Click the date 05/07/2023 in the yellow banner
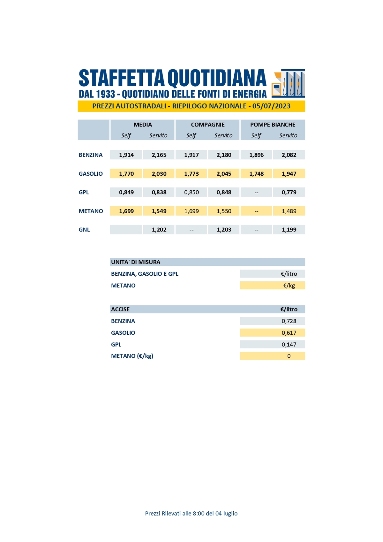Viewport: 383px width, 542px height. tap(271, 106)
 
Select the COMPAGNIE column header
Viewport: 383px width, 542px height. tap(208, 125)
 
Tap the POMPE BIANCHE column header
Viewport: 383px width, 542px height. tap(273, 125)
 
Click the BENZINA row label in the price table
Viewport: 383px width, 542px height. tap(91, 155)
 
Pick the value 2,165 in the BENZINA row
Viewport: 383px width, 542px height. tap(159, 155)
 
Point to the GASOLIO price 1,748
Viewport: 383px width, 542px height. tap(256, 174)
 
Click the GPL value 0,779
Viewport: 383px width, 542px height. tap(289, 192)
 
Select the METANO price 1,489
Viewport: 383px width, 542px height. tap(289, 211)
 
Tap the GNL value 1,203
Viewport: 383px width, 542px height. tap(224, 230)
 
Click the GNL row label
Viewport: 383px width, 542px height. tap(84, 230)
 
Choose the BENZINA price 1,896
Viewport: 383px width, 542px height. tap(256, 155)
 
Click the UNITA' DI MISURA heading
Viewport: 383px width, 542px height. tap(136, 262)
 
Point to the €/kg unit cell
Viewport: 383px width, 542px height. tap(289, 286)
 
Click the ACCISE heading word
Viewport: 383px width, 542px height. tap(120, 309)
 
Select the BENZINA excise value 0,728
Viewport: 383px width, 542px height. tap(289, 321)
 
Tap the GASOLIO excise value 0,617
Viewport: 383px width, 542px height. tap(289, 333)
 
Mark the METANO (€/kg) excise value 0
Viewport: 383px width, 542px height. tap(289, 356)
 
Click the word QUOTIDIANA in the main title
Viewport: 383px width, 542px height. tap(217, 78)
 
